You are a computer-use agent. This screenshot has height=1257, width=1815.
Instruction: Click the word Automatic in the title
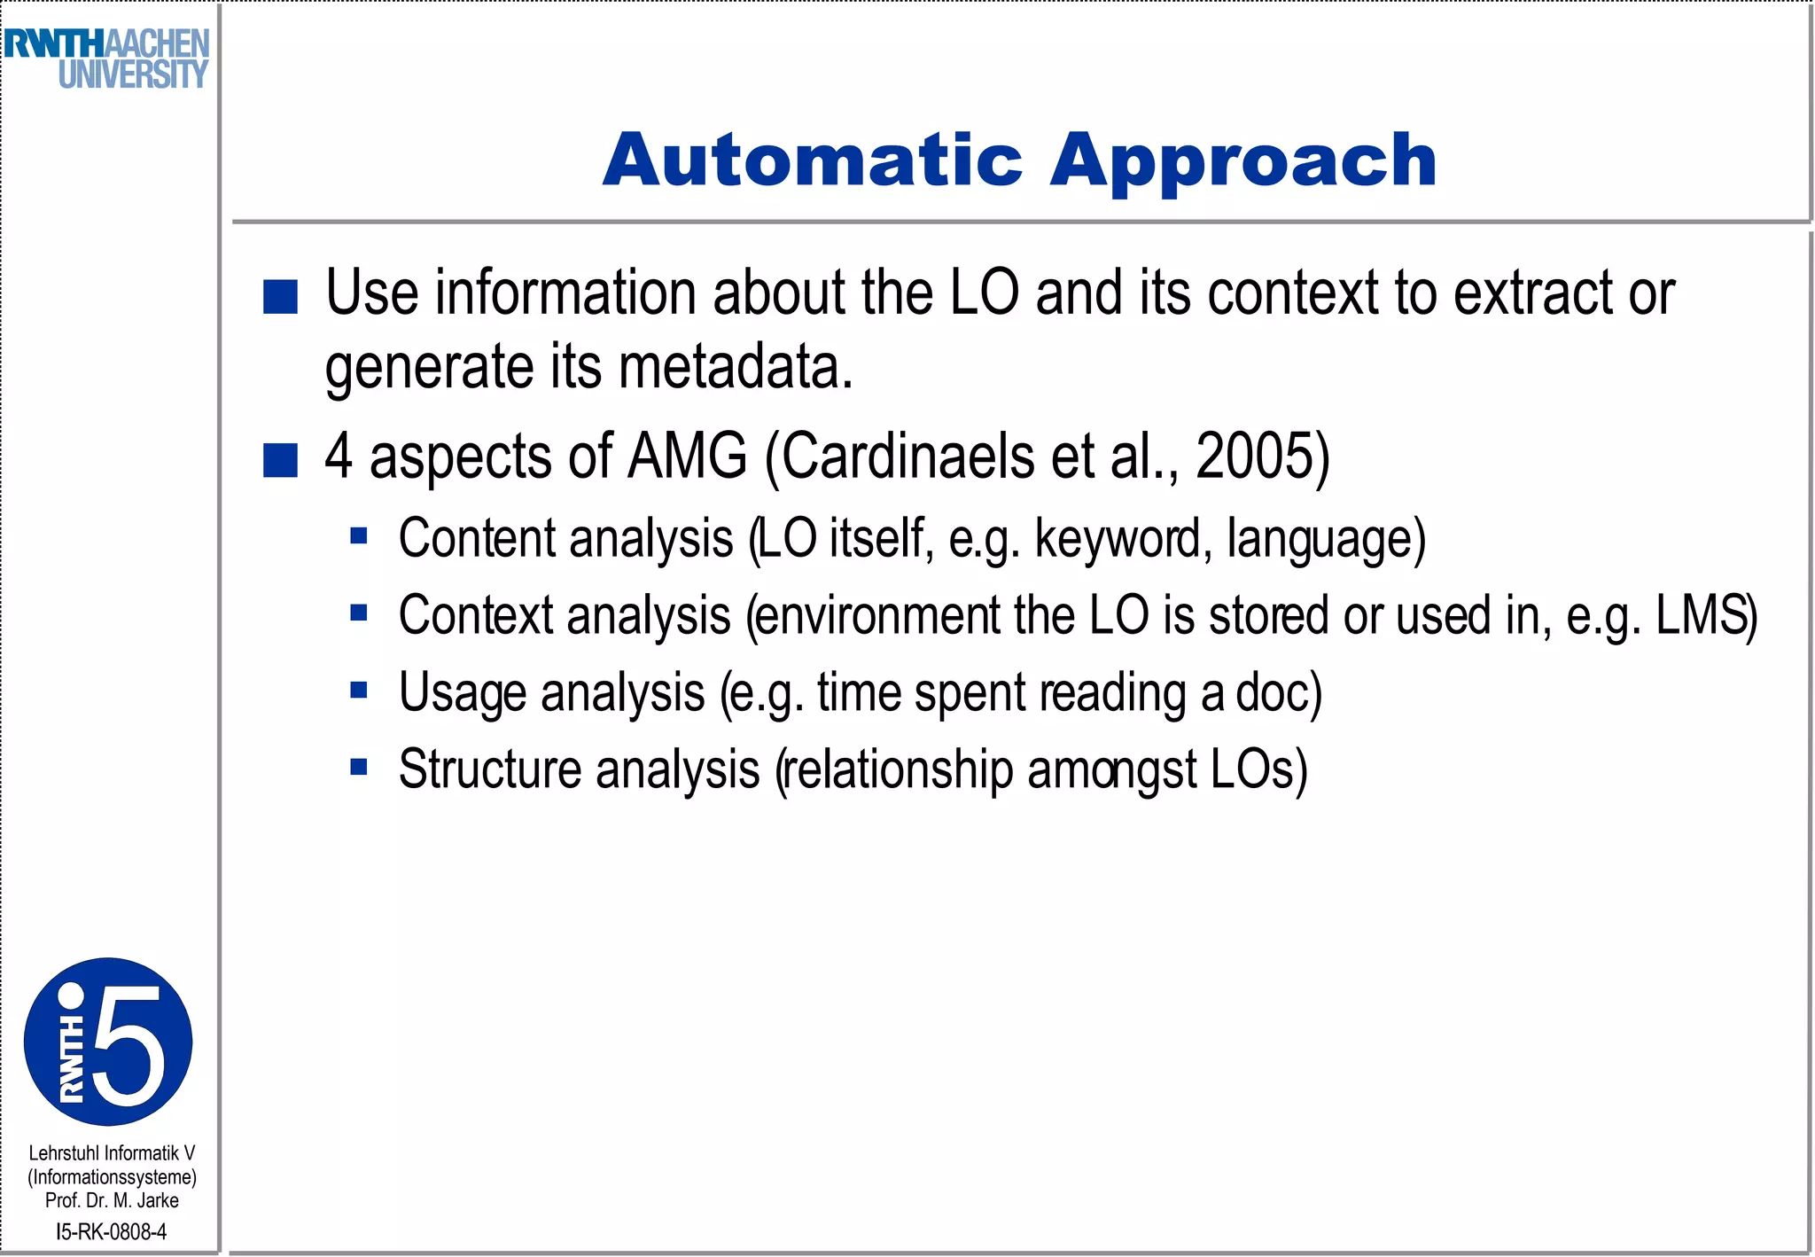coord(813,161)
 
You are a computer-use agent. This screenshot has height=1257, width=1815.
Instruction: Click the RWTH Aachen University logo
coord(106,59)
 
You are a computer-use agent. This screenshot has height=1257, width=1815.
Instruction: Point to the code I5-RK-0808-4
coord(111,1231)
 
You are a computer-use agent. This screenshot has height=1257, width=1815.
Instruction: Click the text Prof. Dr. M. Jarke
coord(112,1200)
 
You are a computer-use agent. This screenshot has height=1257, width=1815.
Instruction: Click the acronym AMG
coord(687,457)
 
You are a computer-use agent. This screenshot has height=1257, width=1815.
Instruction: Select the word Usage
coord(462,693)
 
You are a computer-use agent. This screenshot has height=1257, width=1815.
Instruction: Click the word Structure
coord(490,769)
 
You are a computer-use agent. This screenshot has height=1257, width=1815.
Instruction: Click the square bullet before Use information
coord(280,297)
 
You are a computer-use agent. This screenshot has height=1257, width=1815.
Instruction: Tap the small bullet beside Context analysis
coord(358,613)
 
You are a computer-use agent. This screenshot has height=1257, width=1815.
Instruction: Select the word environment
coord(879,615)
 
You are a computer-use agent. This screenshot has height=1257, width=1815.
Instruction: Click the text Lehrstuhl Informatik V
coord(112,1153)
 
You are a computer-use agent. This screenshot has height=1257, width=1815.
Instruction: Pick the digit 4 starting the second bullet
coord(338,457)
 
